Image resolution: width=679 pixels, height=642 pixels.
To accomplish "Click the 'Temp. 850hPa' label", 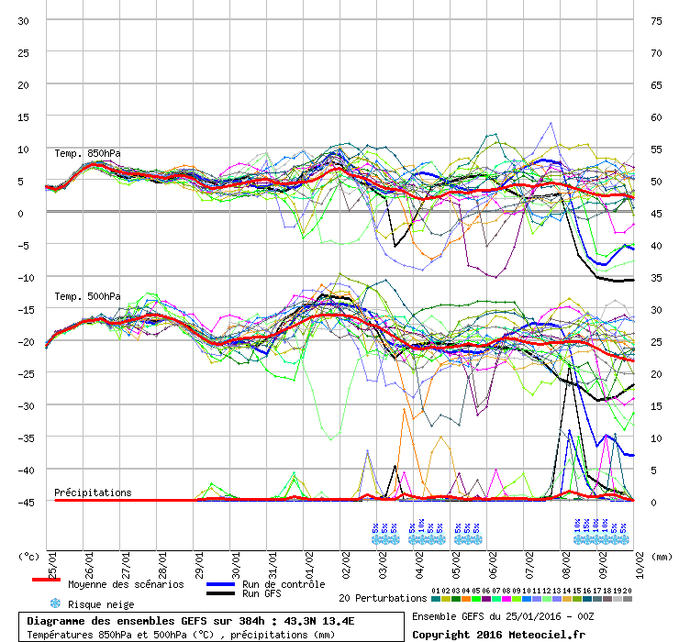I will (x=87, y=153).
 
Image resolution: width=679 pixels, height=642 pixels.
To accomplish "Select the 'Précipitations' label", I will (x=93, y=493).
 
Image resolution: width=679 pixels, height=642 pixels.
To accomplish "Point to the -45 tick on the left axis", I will (x=24, y=502).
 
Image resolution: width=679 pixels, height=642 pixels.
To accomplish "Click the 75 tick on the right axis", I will (x=655, y=20).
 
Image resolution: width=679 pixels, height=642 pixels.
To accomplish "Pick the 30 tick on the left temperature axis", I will (x=24, y=20).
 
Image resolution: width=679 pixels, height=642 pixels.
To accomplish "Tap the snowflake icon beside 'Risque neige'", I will (x=55, y=603).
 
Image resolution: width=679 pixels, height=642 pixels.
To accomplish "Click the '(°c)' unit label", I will (x=29, y=557).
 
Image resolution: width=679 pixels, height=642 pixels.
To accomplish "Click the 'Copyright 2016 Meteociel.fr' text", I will (x=498, y=633).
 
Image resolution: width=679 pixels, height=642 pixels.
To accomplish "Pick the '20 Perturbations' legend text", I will (x=383, y=598).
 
